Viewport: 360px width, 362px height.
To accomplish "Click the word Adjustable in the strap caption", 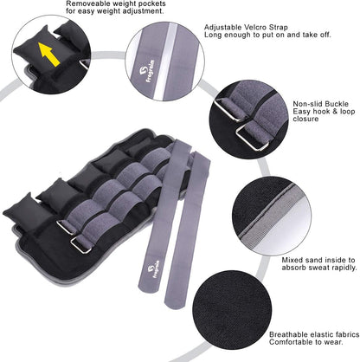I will (223, 26).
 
